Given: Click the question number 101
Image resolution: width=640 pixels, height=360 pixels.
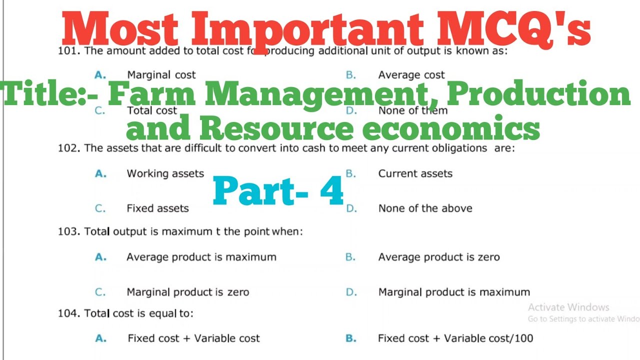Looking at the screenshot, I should [67, 51].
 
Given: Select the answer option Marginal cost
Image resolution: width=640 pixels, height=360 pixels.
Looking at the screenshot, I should [161, 75].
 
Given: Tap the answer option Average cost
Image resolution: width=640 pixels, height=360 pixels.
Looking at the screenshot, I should [411, 75].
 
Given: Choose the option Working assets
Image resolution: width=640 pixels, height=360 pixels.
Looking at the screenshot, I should [165, 173].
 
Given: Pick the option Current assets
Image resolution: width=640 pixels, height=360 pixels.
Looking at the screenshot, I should [415, 173].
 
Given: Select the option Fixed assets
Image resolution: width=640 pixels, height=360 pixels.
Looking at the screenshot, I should [157, 208].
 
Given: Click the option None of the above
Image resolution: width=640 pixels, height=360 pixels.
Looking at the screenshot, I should [425, 208].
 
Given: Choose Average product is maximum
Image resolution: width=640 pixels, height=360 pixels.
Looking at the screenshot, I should [201, 257].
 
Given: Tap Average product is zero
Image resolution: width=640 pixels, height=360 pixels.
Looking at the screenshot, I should [438, 257].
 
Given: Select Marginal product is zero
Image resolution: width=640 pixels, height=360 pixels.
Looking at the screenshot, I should [187, 292].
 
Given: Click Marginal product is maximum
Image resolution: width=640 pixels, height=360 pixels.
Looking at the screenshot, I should [453, 292].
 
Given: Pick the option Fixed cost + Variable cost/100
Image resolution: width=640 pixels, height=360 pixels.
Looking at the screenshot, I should [455, 338].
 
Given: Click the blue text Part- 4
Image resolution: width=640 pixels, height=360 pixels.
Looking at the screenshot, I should [278, 192].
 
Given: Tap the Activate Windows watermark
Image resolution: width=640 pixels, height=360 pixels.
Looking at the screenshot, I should [568, 307].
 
